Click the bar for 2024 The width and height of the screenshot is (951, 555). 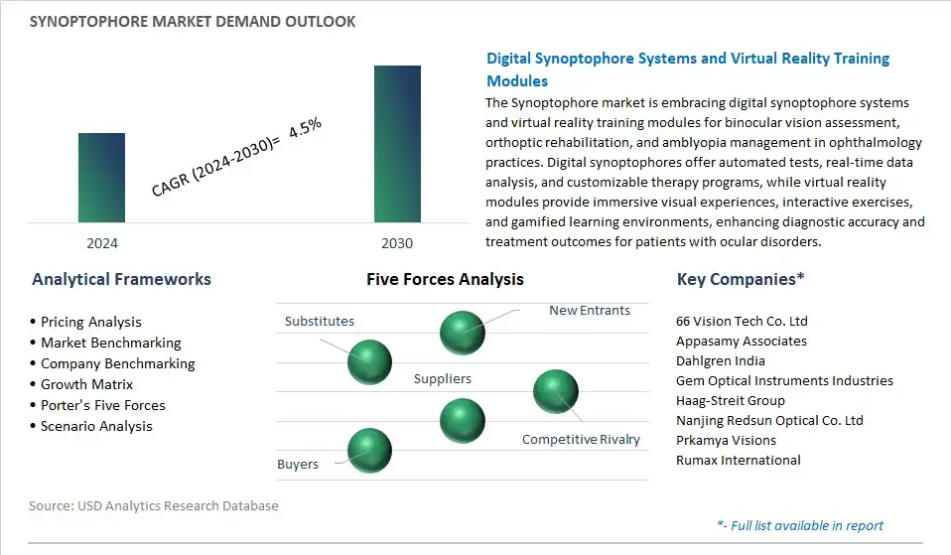[x=101, y=178]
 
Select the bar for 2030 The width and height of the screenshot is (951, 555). [x=397, y=144]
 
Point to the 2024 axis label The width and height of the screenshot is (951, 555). [x=102, y=243]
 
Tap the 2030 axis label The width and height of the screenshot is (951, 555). [x=397, y=243]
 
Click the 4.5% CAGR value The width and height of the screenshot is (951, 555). [x=305, y=127]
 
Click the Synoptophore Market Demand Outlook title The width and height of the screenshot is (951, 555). [x=193, y=21]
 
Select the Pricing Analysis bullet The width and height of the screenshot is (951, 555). [x=85, y=322]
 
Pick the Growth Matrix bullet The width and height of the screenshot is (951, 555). [x=81, y=384]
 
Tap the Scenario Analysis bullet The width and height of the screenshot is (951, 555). [x=91, y=426]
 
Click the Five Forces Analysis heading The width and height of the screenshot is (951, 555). [x=445, y=279]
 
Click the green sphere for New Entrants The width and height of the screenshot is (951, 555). [x=463, y=333]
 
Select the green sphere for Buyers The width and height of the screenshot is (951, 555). [x=369, y=451]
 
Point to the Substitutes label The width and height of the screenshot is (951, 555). [x=320, y=321]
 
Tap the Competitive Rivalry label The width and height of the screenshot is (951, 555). [x=581, y=439]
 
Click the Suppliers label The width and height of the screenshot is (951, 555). [x=442, y=378]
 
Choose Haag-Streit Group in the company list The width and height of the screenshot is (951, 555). [x=731, y=400]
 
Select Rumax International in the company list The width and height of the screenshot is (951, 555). [x=739, y=460]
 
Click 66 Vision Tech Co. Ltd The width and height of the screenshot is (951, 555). [x=742, y=321]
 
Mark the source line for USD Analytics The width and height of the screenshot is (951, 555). [x=154, y=505]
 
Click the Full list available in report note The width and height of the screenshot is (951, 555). [x=800, y=525]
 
